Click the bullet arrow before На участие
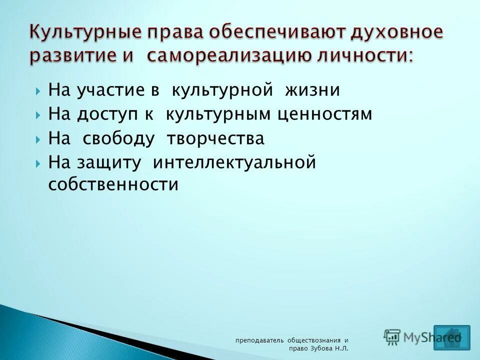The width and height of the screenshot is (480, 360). (38, 91)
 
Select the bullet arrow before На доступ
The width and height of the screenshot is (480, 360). (38, 115)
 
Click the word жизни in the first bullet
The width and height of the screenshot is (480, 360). (312, 90)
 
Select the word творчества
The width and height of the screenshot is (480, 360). (215, 139)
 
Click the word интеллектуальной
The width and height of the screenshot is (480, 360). (234, 163)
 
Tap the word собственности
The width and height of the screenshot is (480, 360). (113, 185)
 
